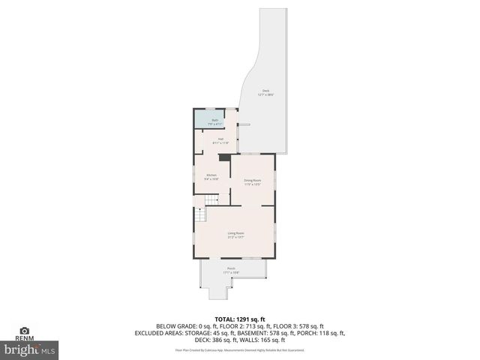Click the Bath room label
[x=214, y=121]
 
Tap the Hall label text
[x=221, y=140]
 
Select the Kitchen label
[x=211, y=177]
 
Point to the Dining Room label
[x=252, y=181]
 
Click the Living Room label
[x=236, y=235]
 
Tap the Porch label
[x=231, y=270]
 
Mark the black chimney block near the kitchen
[x=223, y=157]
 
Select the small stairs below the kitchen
[x=212, y=199]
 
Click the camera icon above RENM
[x=24, y=330]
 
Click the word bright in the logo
[x=22, y=350]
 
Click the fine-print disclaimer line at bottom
[x=239, y=349]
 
